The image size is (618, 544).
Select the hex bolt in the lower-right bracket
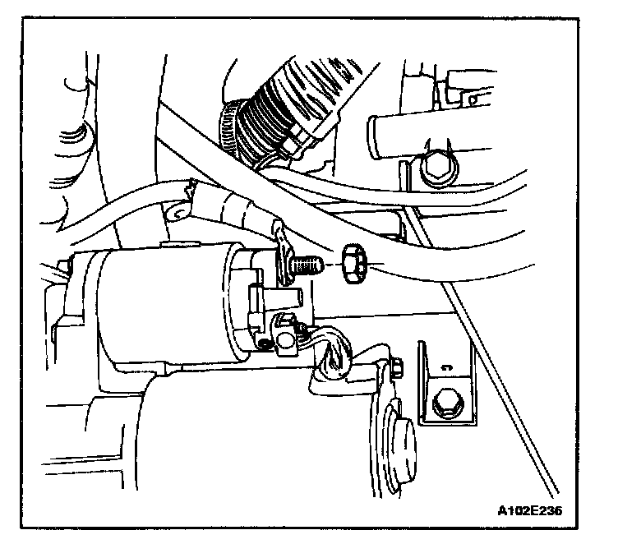click(x=446, y=403)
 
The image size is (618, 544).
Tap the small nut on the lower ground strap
click(x=394, y=368)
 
